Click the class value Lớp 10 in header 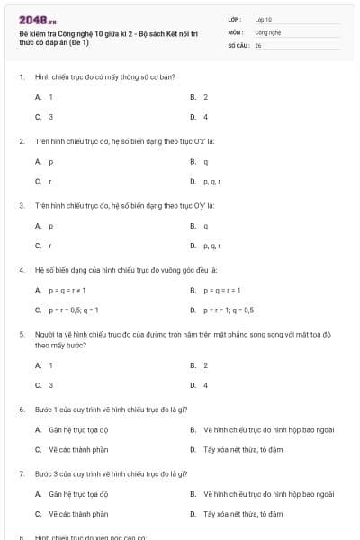(x=263, y=18)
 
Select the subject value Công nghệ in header (x=267, y=31)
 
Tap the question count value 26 (x=258, y=44)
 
